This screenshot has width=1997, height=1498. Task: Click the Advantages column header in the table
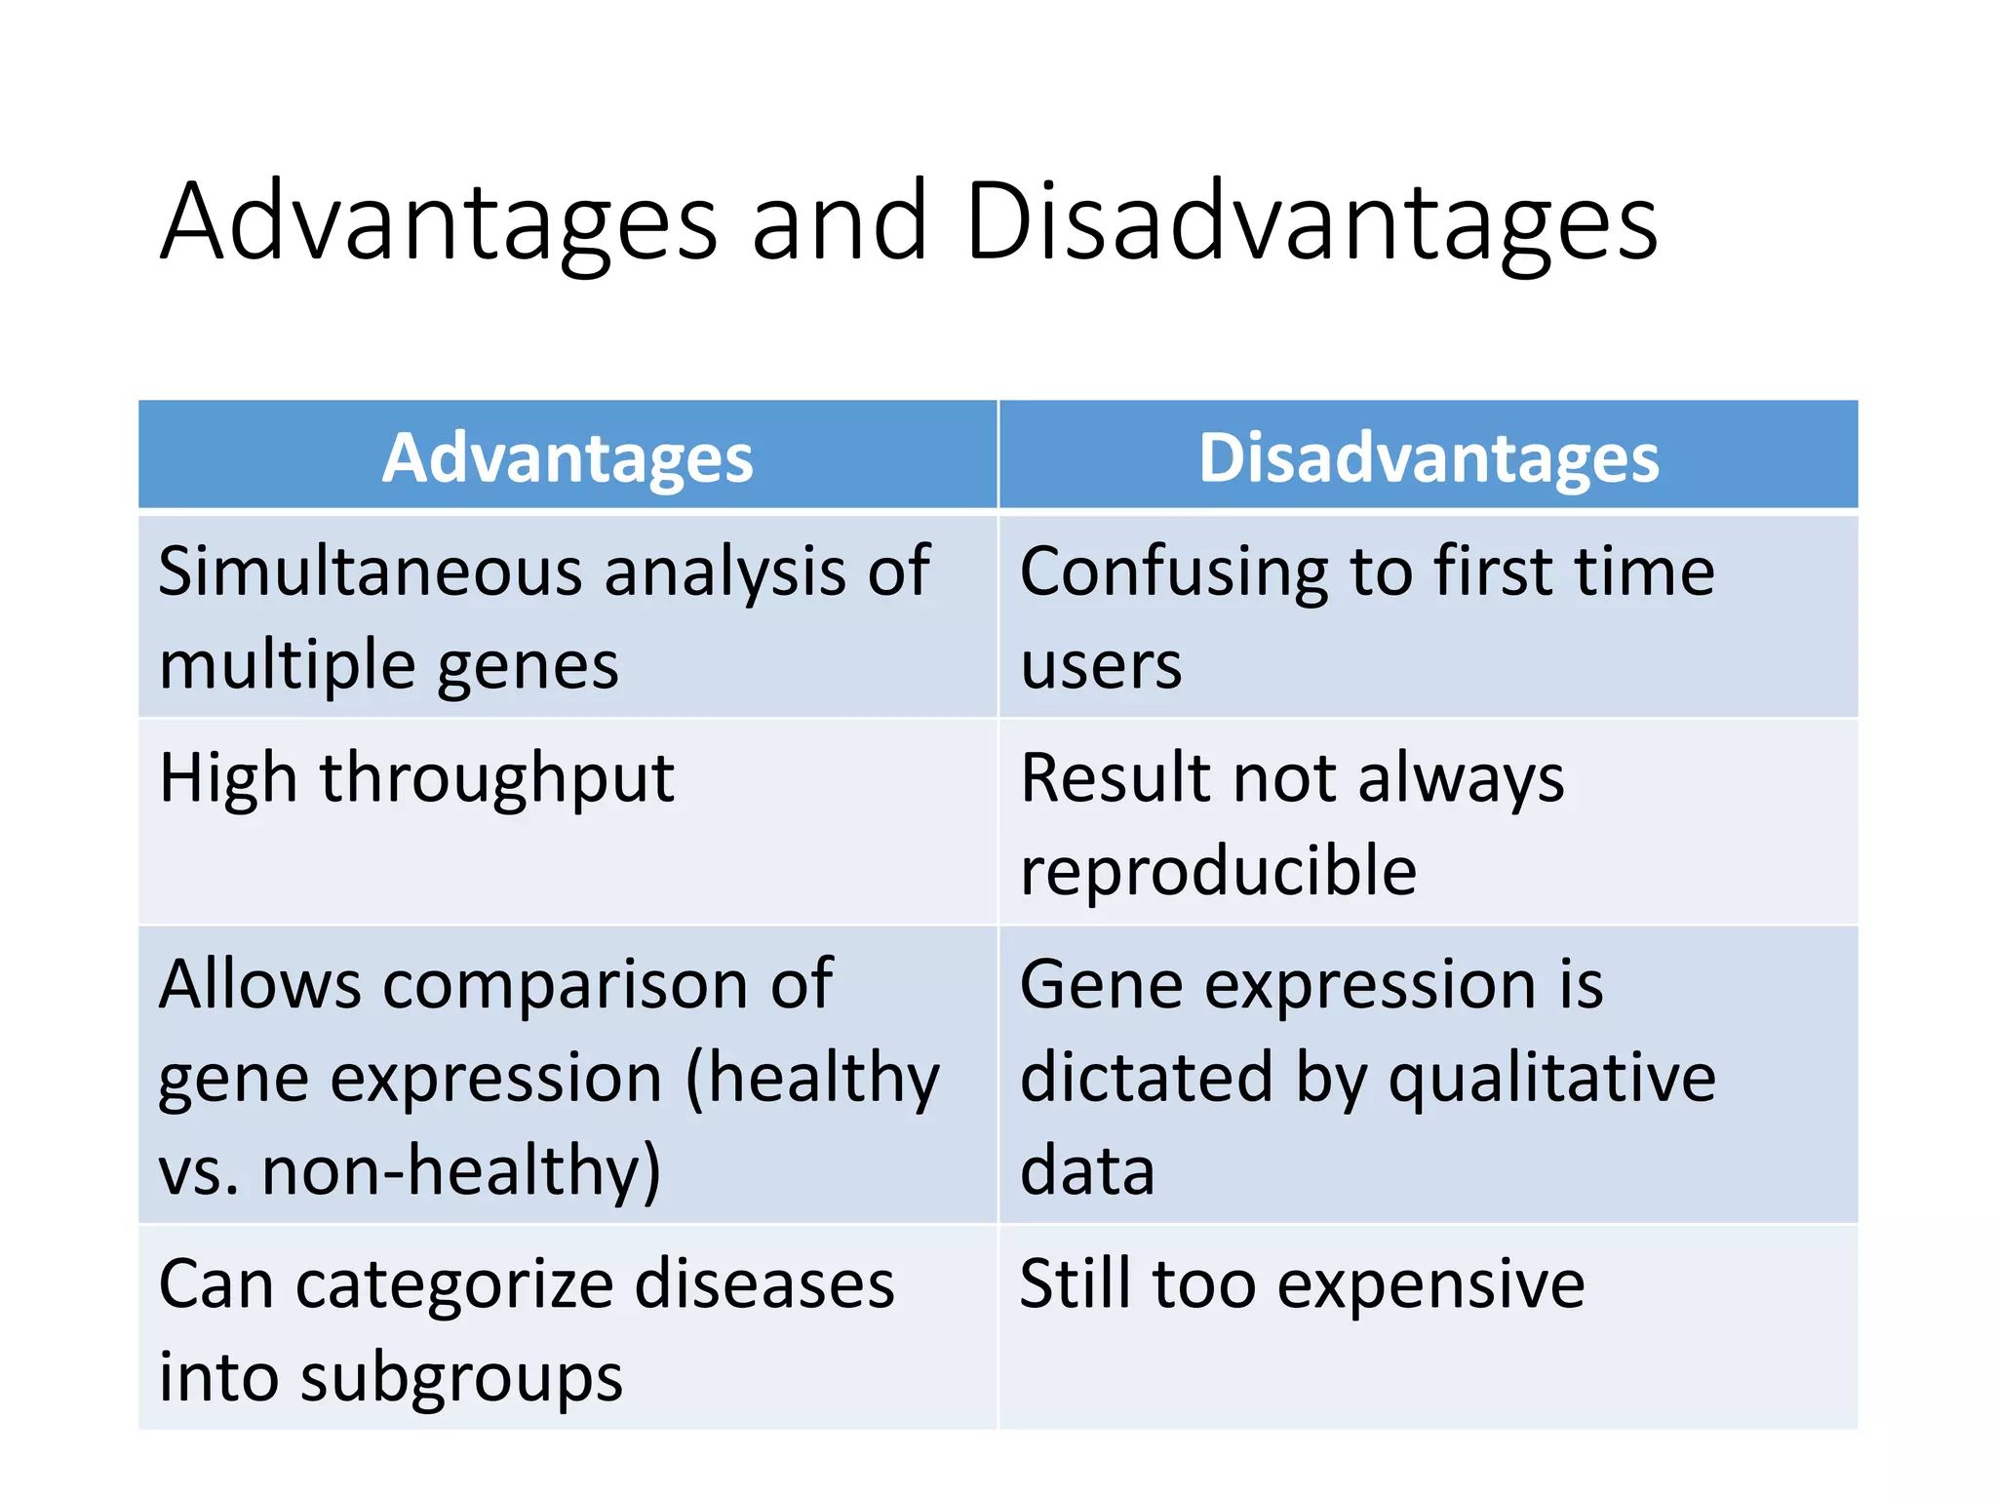coord(568,457)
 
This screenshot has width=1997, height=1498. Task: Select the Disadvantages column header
coord(1429,457)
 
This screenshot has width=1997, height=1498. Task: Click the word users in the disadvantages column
coord(1101,666)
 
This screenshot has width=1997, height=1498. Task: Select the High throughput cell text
coord(416,779)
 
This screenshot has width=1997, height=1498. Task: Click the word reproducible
coord(1218,870)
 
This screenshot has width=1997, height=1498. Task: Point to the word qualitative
coord(1551,1079)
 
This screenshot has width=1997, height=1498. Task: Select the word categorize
coord(454,1284)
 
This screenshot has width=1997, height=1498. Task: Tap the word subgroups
coord(461,1378)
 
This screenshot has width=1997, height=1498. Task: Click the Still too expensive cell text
coord(1302,1284)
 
